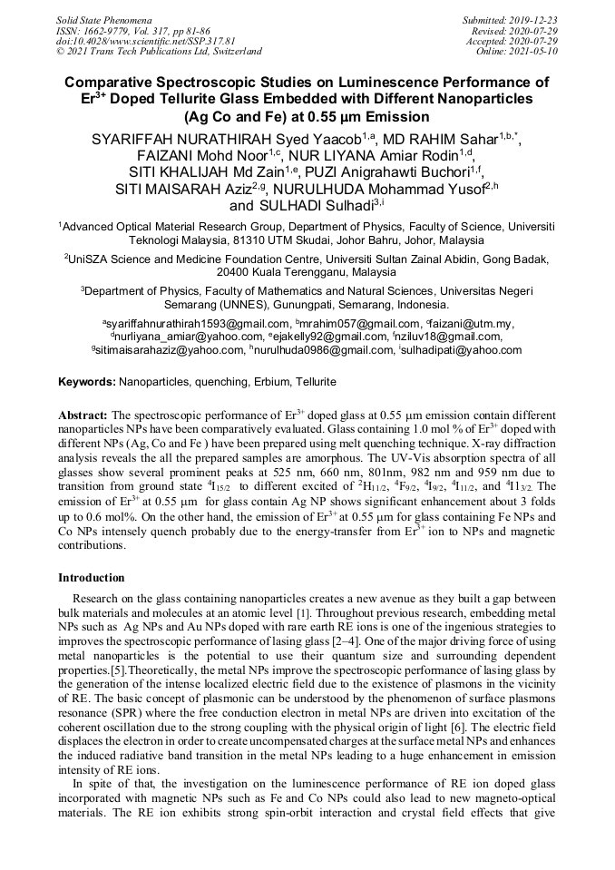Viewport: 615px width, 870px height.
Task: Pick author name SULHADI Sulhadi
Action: point(328,205)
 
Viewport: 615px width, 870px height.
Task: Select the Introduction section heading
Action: point(92,578)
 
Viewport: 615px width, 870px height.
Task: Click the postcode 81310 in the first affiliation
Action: point(242,241)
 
